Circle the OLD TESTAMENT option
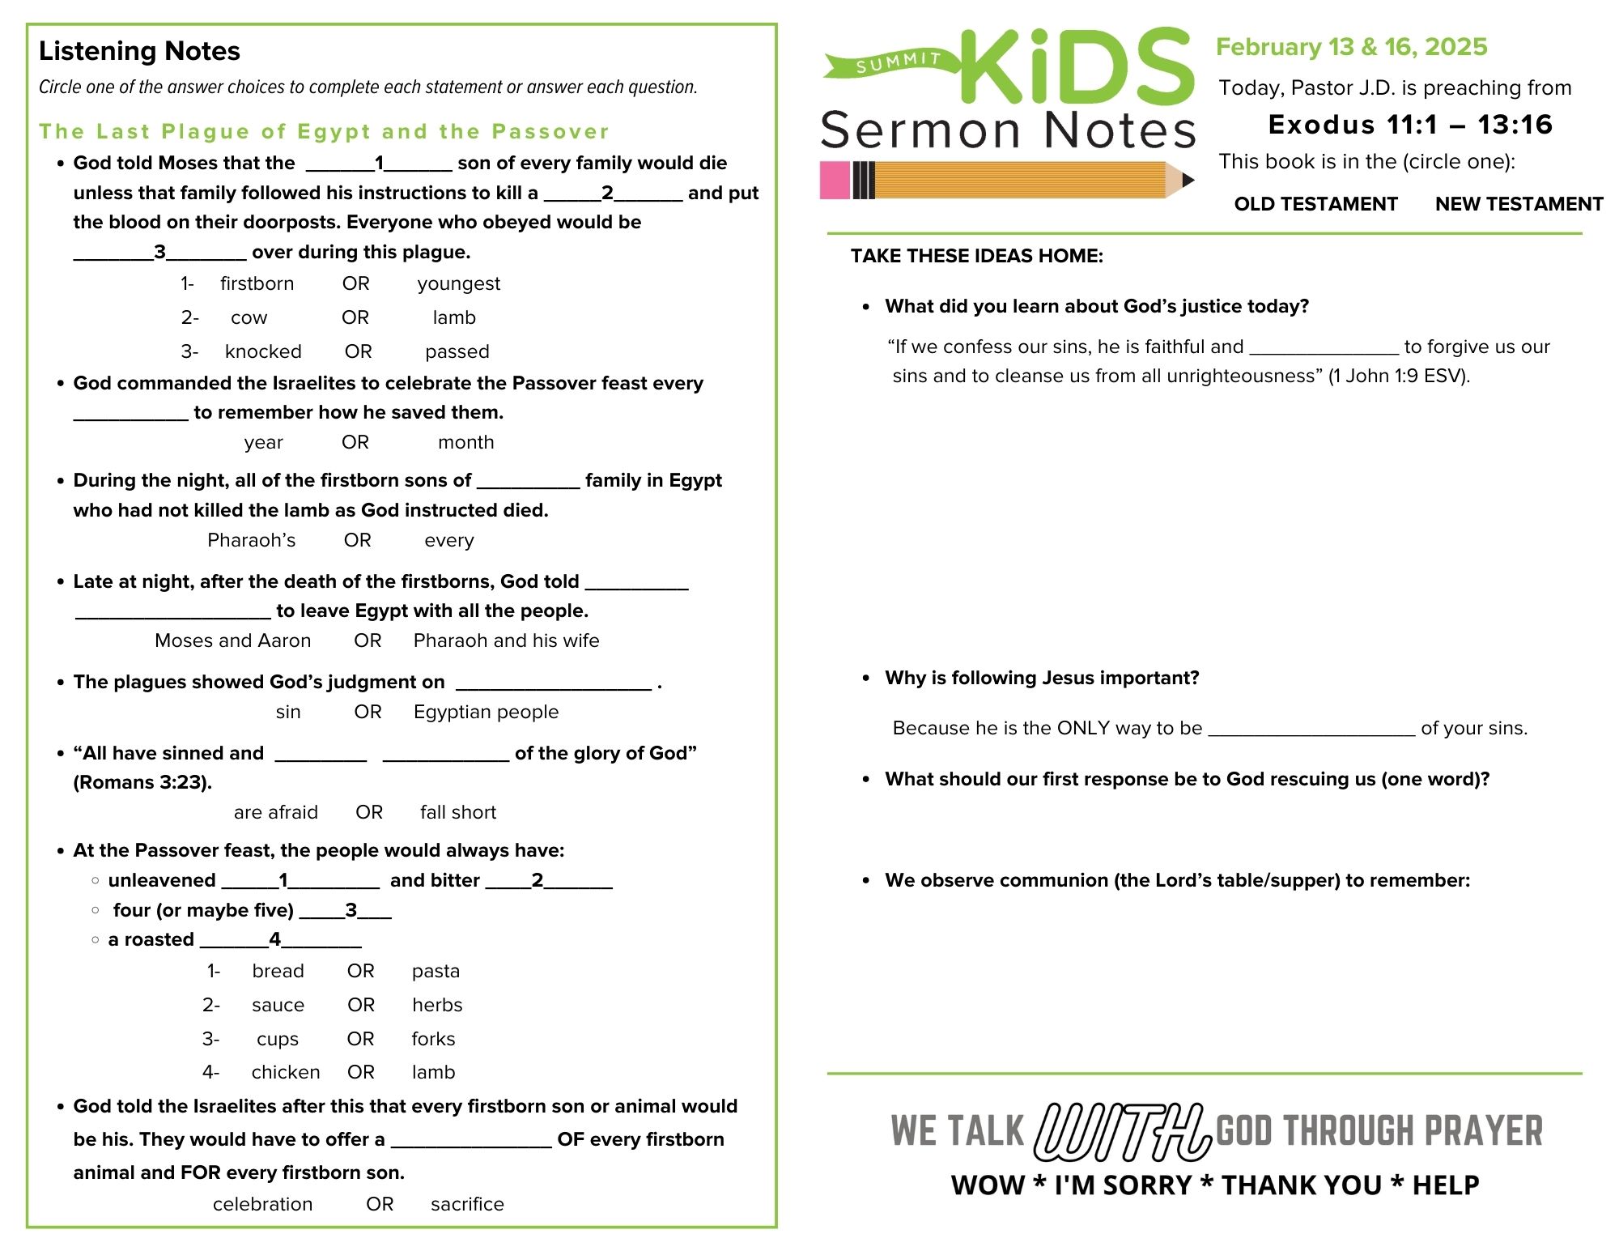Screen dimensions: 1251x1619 [1315, 204]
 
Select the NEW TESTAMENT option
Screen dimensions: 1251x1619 [1519, 204]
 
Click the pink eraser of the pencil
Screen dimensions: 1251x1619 [835, 180]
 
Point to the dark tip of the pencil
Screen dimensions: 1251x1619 [1188, 180]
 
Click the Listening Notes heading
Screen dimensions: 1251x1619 [139, 51]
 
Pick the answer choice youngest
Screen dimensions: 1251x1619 [459, 283]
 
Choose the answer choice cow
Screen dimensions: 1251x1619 [249, 317]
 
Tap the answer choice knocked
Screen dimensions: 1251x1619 [263, 351]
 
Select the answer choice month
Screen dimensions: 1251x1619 [465, 442]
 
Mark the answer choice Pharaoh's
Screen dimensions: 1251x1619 [252, 540]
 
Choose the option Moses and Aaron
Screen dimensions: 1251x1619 [232, 640]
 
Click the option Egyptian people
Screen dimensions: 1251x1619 [486, 712]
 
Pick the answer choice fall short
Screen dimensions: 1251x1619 [458, 812]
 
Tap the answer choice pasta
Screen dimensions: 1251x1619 [436, 971]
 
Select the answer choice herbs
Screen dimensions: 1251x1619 [437, 1005]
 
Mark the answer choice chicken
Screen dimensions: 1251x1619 [286, 1072]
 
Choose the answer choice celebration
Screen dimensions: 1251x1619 [262, 1204]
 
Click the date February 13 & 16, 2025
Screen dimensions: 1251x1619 [1351, 47]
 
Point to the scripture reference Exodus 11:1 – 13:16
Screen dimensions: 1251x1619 [1410, 125]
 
